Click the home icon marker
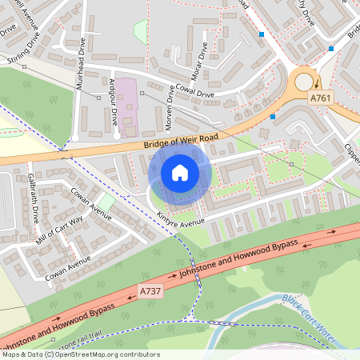click(x=180, y=172)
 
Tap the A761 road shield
click(x=320, y=98)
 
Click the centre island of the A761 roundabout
click(x=303, y=81)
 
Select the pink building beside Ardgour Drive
click(x=128, y=106)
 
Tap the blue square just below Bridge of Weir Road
click(x=273, y=117)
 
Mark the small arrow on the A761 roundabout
click(x=315, y=82)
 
